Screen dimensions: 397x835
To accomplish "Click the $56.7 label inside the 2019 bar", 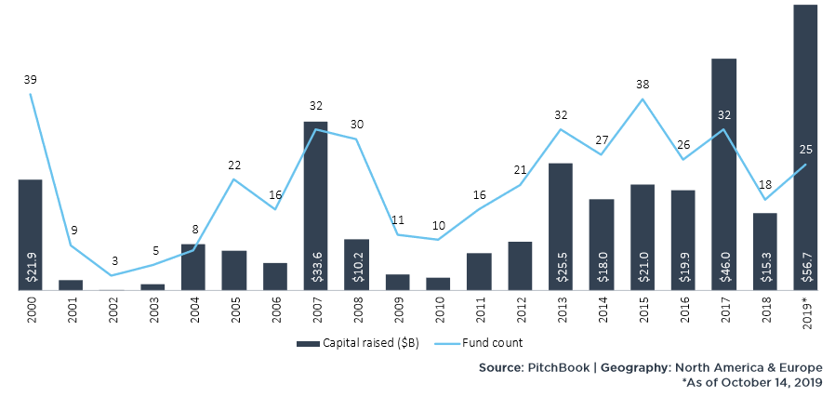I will (x=804, y=267).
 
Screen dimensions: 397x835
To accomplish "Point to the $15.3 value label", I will (x=764, y=267).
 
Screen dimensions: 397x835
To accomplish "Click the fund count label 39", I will (x=31, y=80).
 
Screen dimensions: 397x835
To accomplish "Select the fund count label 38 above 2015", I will (x=642, y=84).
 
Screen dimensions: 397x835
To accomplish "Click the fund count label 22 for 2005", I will (x=234, y=165).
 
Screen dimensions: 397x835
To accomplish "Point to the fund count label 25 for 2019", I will (x=805, y=150).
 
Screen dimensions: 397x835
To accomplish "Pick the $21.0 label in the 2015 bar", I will (x=643, y=267).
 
